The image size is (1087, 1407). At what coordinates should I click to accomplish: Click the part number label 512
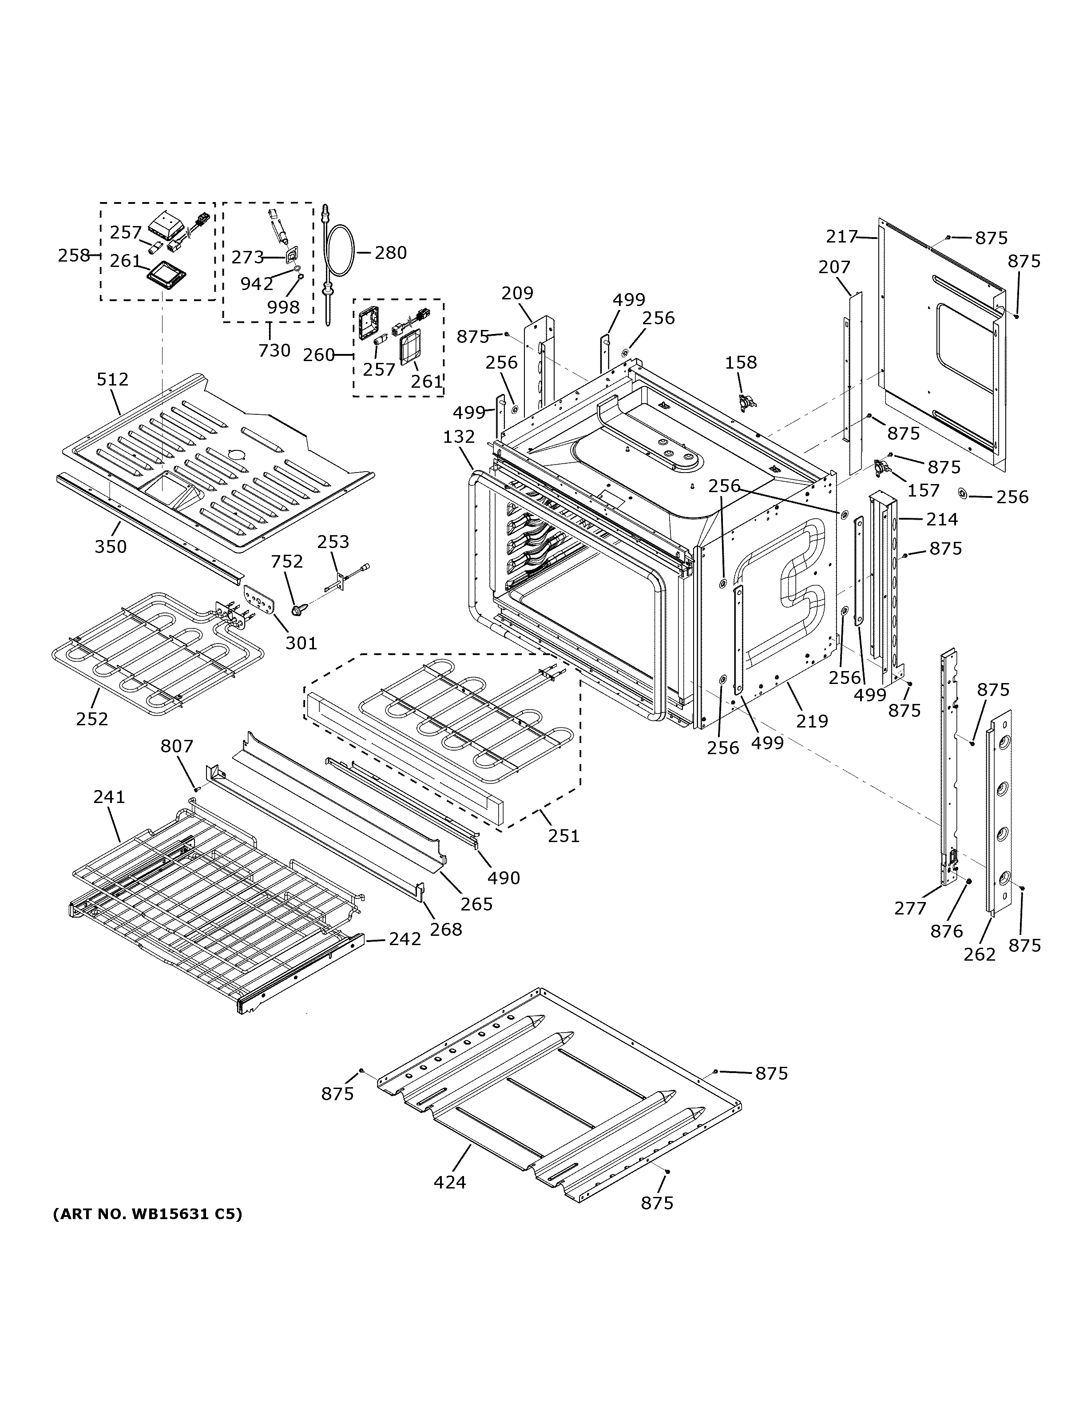pos(113,379)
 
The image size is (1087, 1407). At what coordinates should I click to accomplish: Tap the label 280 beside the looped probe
pos(391,253)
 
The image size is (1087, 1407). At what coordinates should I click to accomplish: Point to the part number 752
pos(286,562)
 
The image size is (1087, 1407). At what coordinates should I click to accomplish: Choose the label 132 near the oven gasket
pos(459,437)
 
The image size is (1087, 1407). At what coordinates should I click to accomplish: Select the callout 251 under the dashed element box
pos(563,836)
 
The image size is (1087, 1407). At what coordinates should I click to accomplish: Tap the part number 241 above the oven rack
pos(109,797)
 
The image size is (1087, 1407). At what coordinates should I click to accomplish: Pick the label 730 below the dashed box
pos(274,350)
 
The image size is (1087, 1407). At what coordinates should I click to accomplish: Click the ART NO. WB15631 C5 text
pos(147,1214)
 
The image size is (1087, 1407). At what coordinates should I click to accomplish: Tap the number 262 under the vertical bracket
pos(980,954)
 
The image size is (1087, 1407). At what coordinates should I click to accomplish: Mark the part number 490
pos(504,878)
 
